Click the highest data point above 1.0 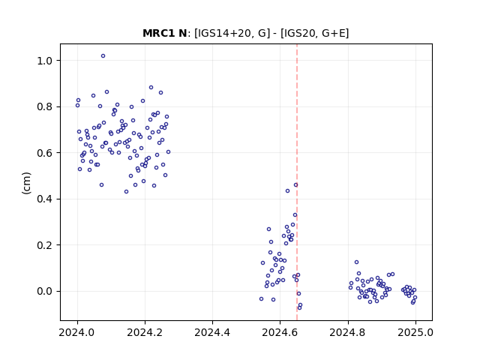click(103, 56)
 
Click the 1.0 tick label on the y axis click(44, 61)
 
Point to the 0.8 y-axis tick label click(44, 106)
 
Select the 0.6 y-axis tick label click(44, 153)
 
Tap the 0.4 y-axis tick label click(44, 199)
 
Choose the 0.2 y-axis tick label click(44, 245)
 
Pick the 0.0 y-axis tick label click(44, 291)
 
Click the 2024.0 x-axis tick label click(77, 332)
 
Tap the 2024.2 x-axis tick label click(145, 332)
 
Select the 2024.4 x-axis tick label click(212, 332)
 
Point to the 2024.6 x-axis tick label click(280, 332)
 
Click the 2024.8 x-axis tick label click(348, 332)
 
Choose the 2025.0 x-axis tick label click(415, 332)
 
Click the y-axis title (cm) click(27, 183)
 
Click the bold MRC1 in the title click(156, 33)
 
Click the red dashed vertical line click(297, 182)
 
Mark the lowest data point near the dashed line click(299, 307)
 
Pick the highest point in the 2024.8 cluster click(357, 262)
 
